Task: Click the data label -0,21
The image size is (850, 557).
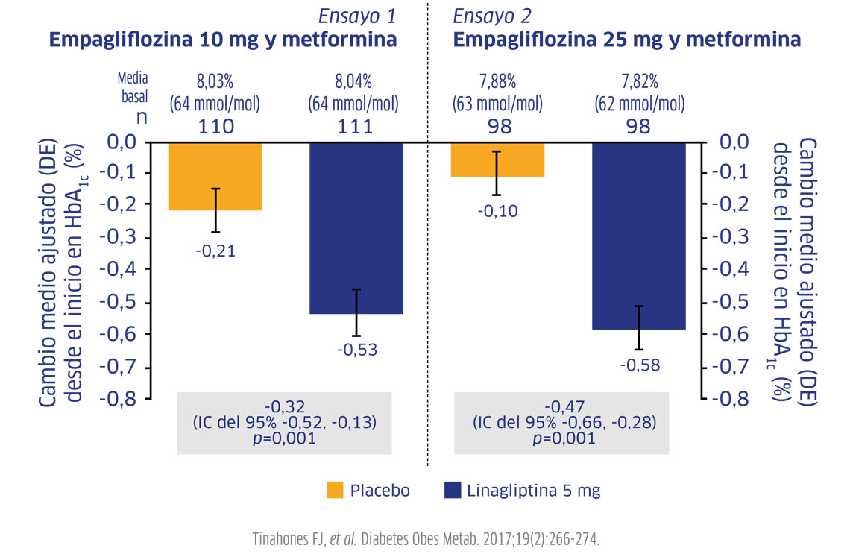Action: [x=215, y=251]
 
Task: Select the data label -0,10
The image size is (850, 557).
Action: [x=497, y=212]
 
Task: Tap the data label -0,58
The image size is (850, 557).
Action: [x=639, y=365]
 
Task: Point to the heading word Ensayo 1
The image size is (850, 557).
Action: [x=357, y=16]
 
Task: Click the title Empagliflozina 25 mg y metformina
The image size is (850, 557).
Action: [x=627, y=40]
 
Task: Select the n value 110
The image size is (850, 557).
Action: [x=215, y=126]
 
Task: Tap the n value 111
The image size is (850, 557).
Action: [x=356, y=126]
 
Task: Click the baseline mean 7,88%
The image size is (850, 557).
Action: [x=497, y=80]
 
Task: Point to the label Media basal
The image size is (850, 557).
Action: [x=133, y=86]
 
